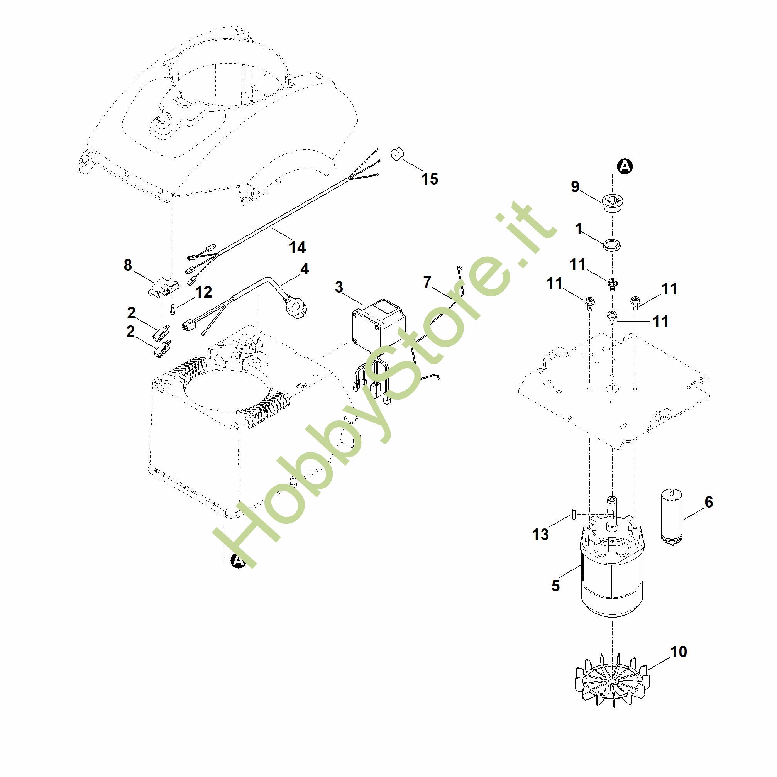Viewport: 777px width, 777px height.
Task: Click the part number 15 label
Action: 430,179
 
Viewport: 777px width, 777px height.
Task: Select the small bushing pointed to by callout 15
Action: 397,154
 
